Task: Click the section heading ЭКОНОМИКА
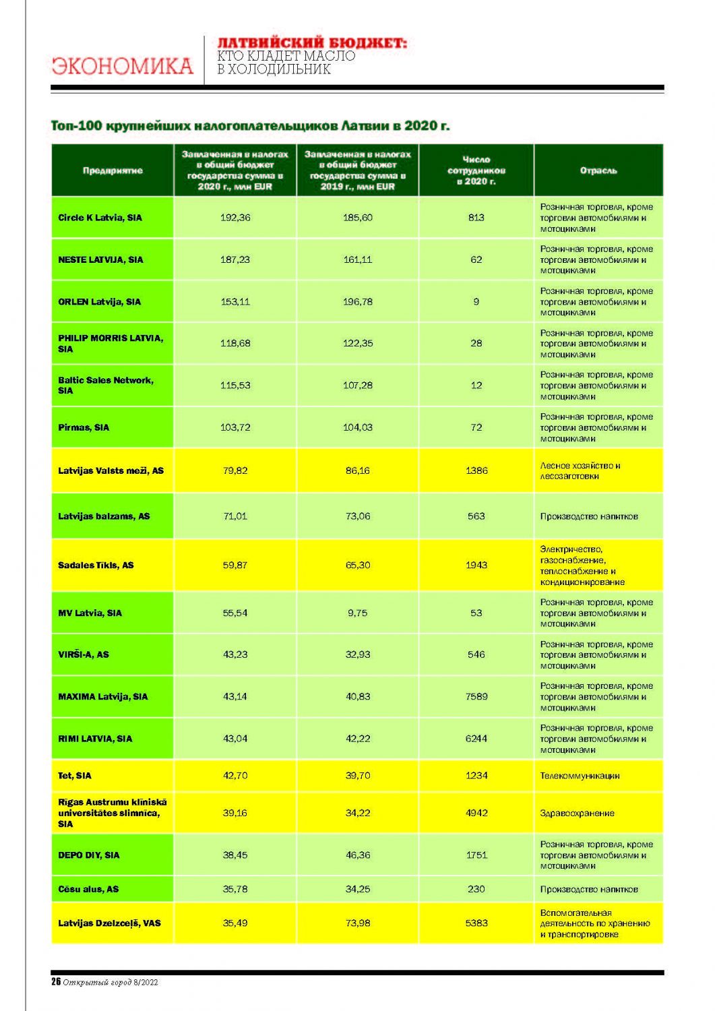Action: pos(122,66)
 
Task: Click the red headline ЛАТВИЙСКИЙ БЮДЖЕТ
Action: pos(312,43)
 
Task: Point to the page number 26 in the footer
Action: pos(56,982)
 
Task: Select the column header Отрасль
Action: pos(598,171)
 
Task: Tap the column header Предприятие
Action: pos(113,171)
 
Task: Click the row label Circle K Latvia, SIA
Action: pos(100,218)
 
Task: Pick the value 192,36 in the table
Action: pos(235,218)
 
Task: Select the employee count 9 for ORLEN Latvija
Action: pos(476,301)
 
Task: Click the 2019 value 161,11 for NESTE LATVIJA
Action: pos(357,259)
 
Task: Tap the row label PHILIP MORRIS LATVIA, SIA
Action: pos(110,343)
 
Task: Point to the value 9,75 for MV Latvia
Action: pos(357,613)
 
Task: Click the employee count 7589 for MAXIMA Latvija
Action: pos(476,696)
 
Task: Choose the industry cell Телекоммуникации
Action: pos(580,776)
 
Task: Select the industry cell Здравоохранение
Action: pos(577,813)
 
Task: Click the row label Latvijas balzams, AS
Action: pos(104,516)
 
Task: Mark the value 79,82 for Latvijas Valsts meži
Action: pos(235,470)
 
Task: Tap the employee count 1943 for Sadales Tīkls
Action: pos(476,565)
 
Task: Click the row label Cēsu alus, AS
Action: pos(88,889)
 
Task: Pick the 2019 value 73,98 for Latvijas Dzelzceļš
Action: pos(357,923)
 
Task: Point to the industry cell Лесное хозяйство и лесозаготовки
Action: pos(580,470)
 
